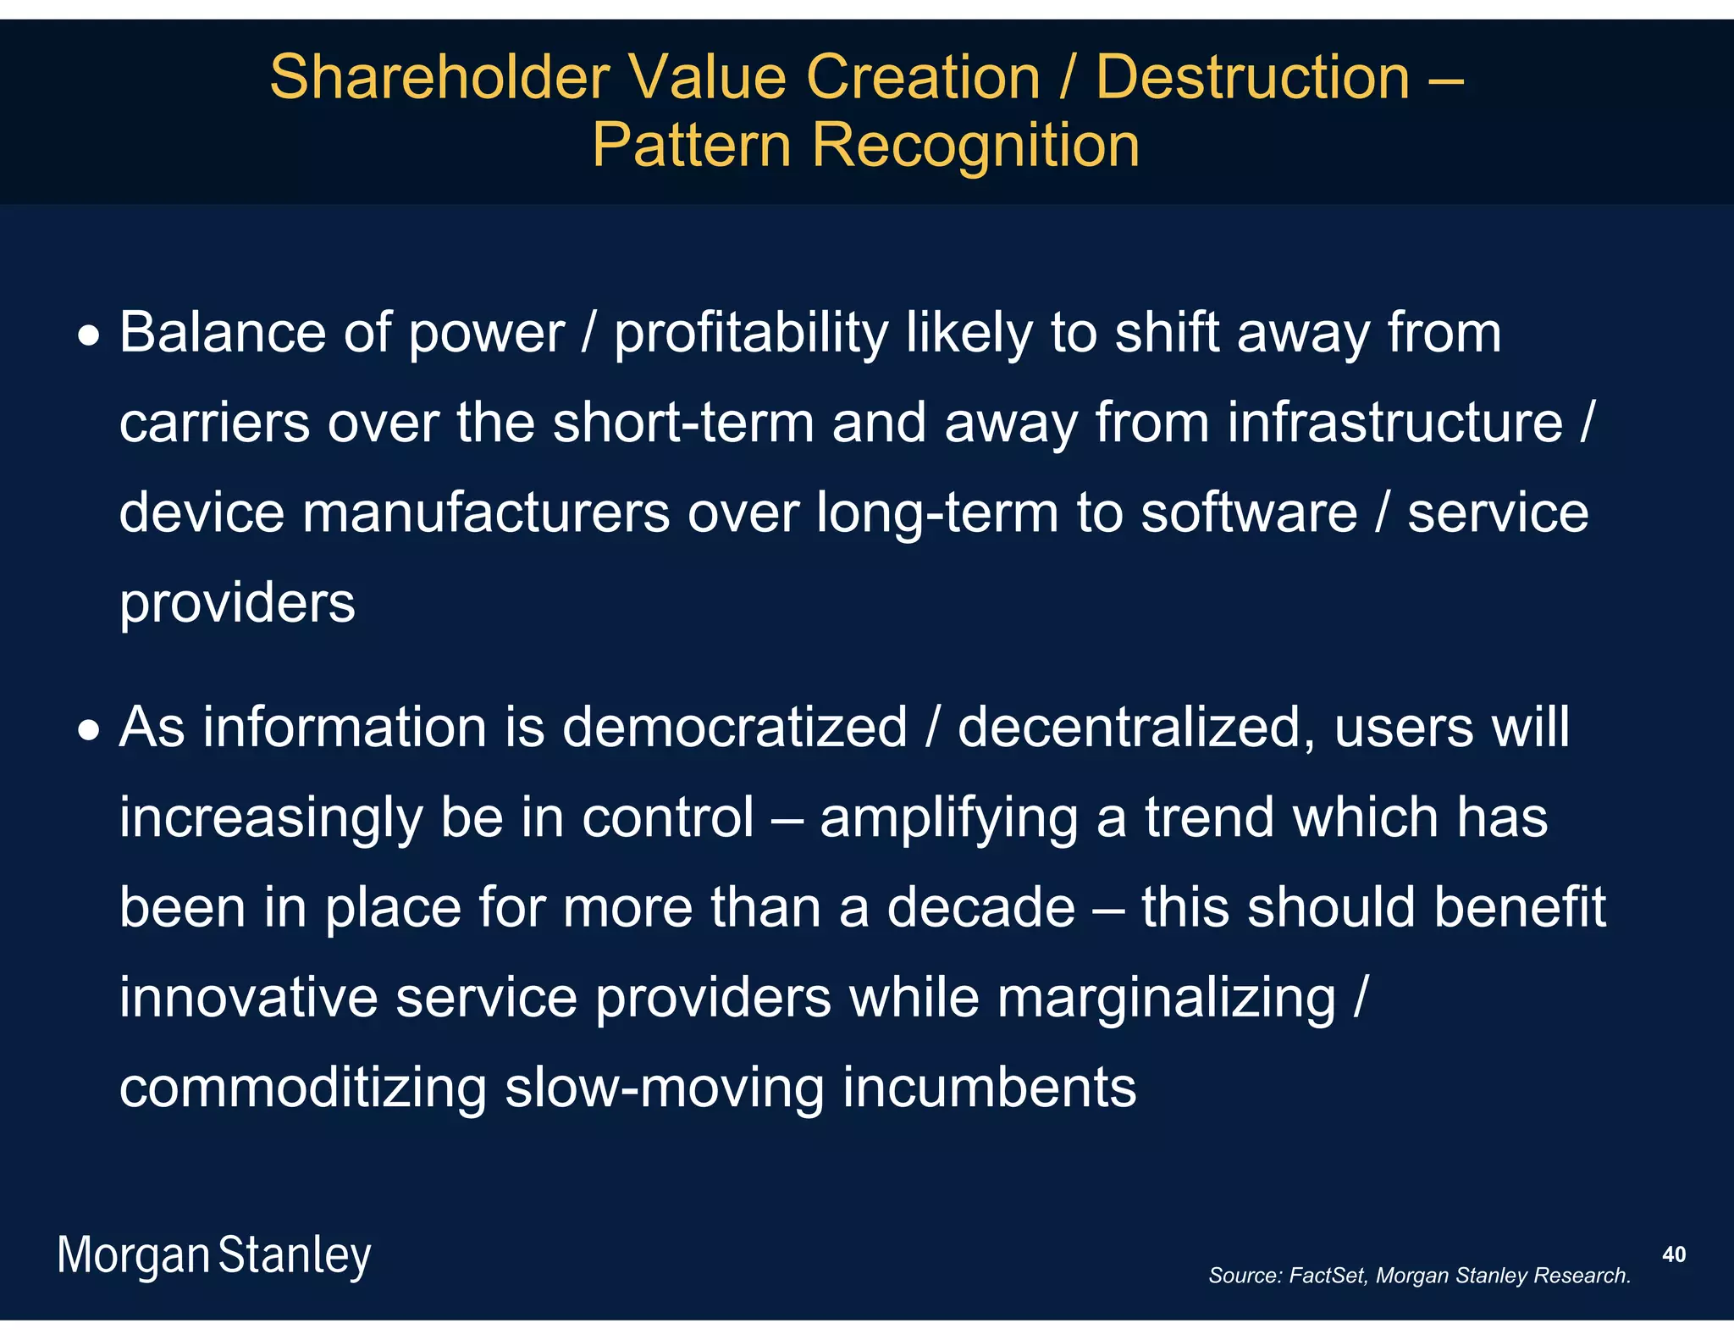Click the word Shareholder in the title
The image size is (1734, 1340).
tap(439, 78)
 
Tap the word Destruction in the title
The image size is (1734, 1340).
tap(1252, 78)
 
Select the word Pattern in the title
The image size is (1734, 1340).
tap(691, 146)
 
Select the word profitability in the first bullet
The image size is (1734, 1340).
tap(750, 333)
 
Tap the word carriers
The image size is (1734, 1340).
tap(214, 424)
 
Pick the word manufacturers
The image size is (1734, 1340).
tap(486, 513)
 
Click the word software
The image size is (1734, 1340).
tap(1249, 513)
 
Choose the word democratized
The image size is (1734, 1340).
tap(734, 728)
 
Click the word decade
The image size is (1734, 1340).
tap(980, 908)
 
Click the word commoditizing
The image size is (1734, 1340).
tap(303, 1089)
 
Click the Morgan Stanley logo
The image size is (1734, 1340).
tap(214, 1256)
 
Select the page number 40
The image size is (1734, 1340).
tap(1673, 1254)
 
